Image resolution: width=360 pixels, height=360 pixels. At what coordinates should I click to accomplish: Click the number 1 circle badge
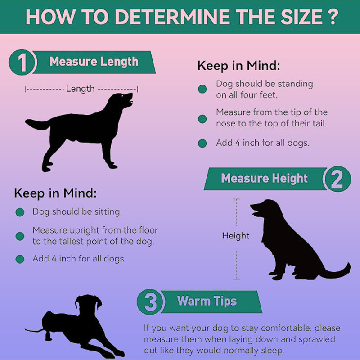(22, 62)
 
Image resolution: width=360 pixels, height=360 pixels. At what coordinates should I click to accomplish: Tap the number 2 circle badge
(337, 179)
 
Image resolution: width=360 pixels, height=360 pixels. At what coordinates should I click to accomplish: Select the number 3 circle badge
(151, 301)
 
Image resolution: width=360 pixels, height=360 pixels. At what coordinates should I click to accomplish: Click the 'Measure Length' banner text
(94, 62)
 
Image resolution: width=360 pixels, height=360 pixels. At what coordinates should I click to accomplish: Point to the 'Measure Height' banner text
(264, 179)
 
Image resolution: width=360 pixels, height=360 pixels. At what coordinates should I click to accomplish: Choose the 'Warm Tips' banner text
(207, 301)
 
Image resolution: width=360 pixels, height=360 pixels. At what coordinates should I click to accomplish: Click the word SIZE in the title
(301, 17)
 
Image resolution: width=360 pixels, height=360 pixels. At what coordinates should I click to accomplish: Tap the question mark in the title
(333, 17)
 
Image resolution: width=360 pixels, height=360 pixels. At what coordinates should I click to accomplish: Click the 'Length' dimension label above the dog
(81, 89)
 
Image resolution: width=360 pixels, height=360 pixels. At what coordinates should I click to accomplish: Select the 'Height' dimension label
(235, 236)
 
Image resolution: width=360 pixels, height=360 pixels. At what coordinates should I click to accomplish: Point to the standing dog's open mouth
(130, 100)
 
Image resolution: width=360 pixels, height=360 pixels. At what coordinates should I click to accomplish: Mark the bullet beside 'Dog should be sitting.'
(20, 212)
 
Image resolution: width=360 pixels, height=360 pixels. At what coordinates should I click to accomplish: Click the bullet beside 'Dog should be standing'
(202, 89)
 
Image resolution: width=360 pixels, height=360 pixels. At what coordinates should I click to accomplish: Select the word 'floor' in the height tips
(148, 230)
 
